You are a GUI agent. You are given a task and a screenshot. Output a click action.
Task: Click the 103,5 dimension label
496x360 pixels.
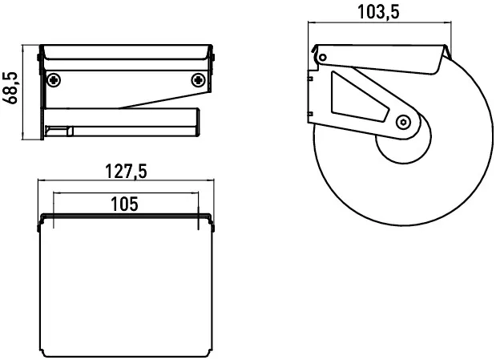click(x=378, y=12)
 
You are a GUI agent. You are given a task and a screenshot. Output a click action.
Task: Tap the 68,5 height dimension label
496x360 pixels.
click(x=10, y=87)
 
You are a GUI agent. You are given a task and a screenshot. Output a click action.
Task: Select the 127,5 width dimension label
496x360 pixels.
click(x=126, y=172)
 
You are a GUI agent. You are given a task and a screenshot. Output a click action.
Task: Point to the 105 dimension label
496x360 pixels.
click(x=125, y=204)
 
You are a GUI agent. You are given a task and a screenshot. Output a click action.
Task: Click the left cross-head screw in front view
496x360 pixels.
click(x=54, y=80)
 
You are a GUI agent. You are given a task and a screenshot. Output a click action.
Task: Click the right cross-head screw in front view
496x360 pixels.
click(x=199, y=80)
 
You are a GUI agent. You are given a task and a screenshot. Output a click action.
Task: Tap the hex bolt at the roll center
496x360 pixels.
click(x=403, y=122)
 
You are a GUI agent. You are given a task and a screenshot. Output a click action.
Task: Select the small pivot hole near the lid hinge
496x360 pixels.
click(x=322, y=58)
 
